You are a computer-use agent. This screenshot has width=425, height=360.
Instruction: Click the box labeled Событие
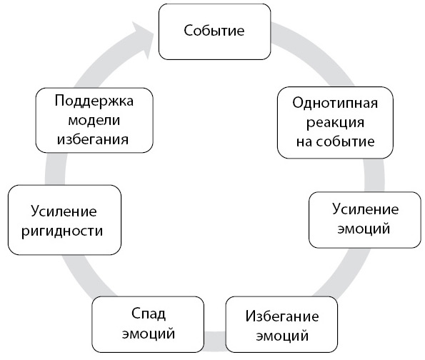click(215, 31)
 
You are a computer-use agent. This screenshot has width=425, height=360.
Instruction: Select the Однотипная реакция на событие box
click(335, 123)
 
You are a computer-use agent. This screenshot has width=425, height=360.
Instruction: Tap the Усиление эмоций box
click(365, 220)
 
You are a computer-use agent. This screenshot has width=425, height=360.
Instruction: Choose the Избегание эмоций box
click(281, 324)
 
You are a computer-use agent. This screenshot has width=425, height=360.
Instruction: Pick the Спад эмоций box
click(148, 324)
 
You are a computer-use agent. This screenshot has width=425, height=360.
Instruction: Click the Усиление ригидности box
click(64, 220)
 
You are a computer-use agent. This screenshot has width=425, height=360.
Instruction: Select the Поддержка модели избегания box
click(94, 120)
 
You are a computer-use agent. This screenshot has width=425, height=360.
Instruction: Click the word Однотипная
click(335, 103)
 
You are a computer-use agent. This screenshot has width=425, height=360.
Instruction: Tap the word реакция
click(335, 124)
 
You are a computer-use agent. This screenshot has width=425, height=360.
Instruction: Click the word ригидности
click(62, 231)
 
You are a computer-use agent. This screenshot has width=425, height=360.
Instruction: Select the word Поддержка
click(94, 101)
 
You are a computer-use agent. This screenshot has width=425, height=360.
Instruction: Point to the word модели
click(94, 121)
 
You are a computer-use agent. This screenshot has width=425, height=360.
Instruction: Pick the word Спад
click(149, 314)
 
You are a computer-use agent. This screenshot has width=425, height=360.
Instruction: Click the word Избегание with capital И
click(282, 316)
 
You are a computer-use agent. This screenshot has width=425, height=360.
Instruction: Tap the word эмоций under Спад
click(149, 334)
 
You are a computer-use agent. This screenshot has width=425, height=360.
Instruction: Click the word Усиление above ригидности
click(64, 211)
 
